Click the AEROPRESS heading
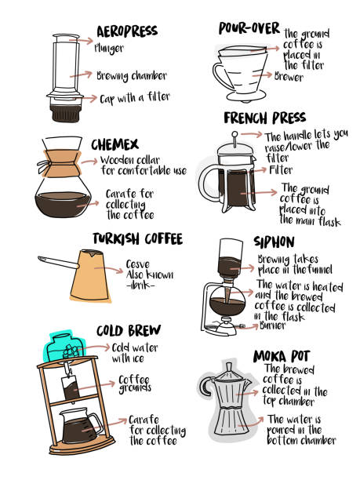[127, 31]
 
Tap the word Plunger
[109, 48]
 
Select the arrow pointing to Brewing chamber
[81, 75]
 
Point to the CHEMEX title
[115, 144]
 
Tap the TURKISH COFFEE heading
[138, 238]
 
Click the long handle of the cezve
[58, 262]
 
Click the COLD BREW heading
[129, 331]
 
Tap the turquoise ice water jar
[64, 347]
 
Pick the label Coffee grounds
[135, 384]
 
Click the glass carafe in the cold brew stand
[80, 425]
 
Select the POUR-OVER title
[249, 28]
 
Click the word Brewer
[289, 77]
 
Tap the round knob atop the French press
[235, 134]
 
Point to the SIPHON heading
[274, 242]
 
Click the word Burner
[272, 325]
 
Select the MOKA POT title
[282, 356]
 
